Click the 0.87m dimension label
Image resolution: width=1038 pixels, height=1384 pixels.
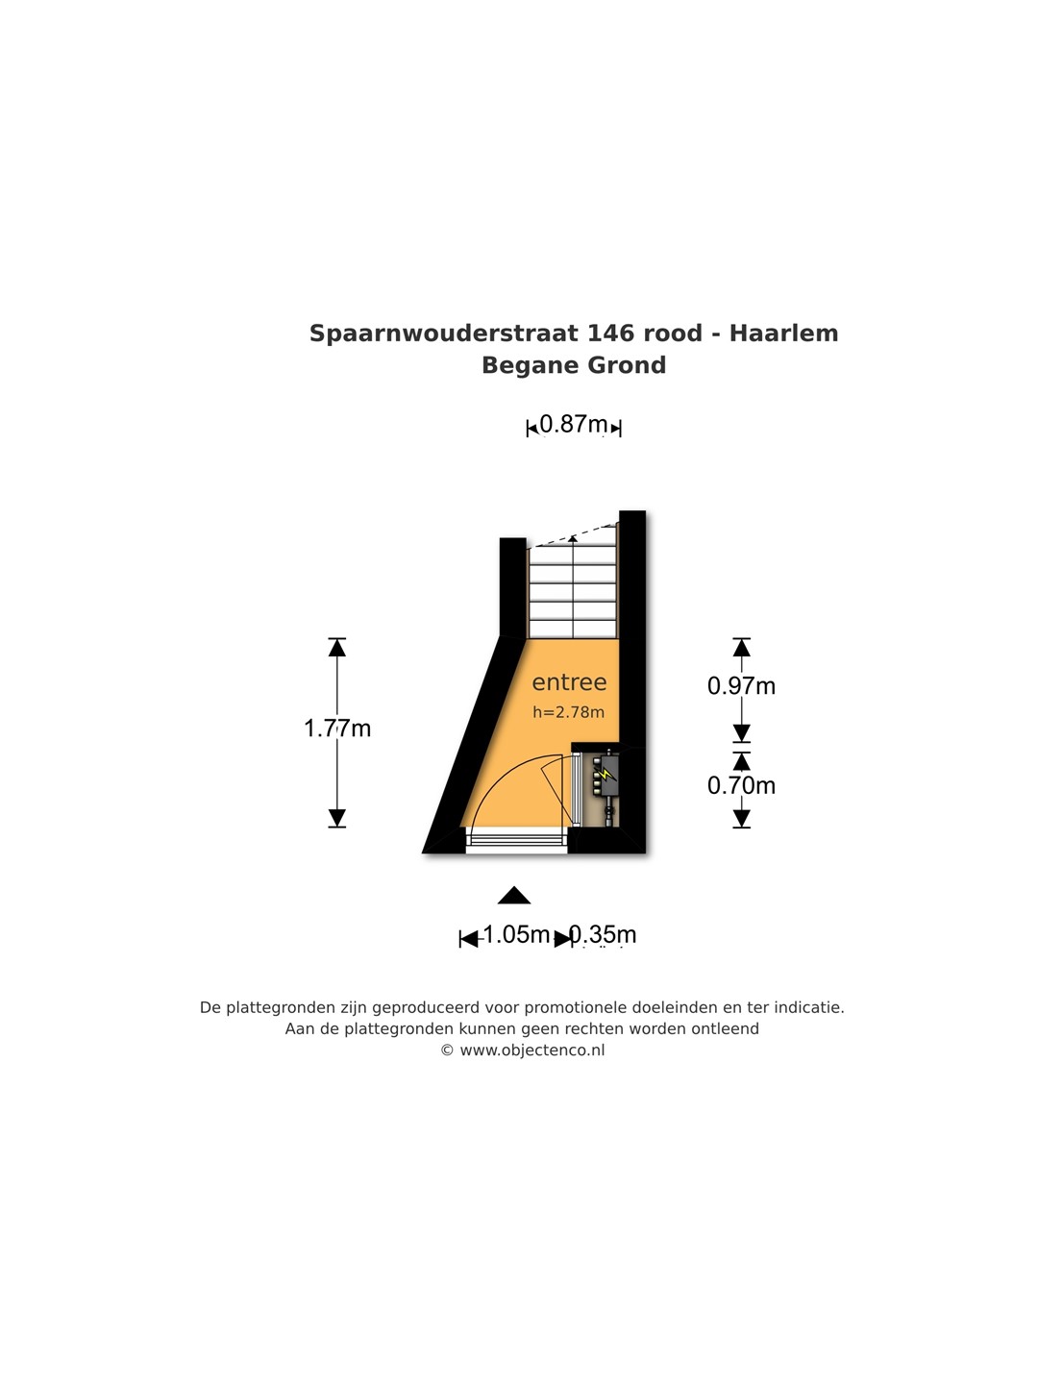(574, 424)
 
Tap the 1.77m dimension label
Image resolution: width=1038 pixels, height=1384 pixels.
(337, 729)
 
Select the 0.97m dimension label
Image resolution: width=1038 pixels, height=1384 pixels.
(741, 685)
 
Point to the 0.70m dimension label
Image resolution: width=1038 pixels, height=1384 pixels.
(741, 785)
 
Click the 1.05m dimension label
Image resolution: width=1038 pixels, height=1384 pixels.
(516, 934)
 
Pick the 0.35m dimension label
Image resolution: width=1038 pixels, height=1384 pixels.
(603, 934)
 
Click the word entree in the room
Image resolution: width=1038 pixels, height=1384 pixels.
(569, 682)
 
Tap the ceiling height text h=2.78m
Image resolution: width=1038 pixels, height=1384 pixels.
(569, 712)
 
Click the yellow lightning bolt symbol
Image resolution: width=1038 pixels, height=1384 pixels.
(605, 773)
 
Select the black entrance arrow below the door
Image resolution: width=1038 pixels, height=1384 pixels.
(514, 896)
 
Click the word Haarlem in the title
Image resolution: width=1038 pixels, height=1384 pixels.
(783, 334)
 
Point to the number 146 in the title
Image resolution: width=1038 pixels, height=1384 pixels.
(610, 334)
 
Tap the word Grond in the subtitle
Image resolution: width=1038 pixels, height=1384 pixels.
(627, 365)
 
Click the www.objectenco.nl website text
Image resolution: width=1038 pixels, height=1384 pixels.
(531, 1050)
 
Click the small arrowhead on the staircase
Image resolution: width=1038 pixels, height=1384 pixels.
(574, 538)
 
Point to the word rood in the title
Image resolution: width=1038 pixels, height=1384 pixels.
(673, 334)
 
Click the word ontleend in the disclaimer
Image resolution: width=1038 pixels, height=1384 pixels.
(726, 1029)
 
